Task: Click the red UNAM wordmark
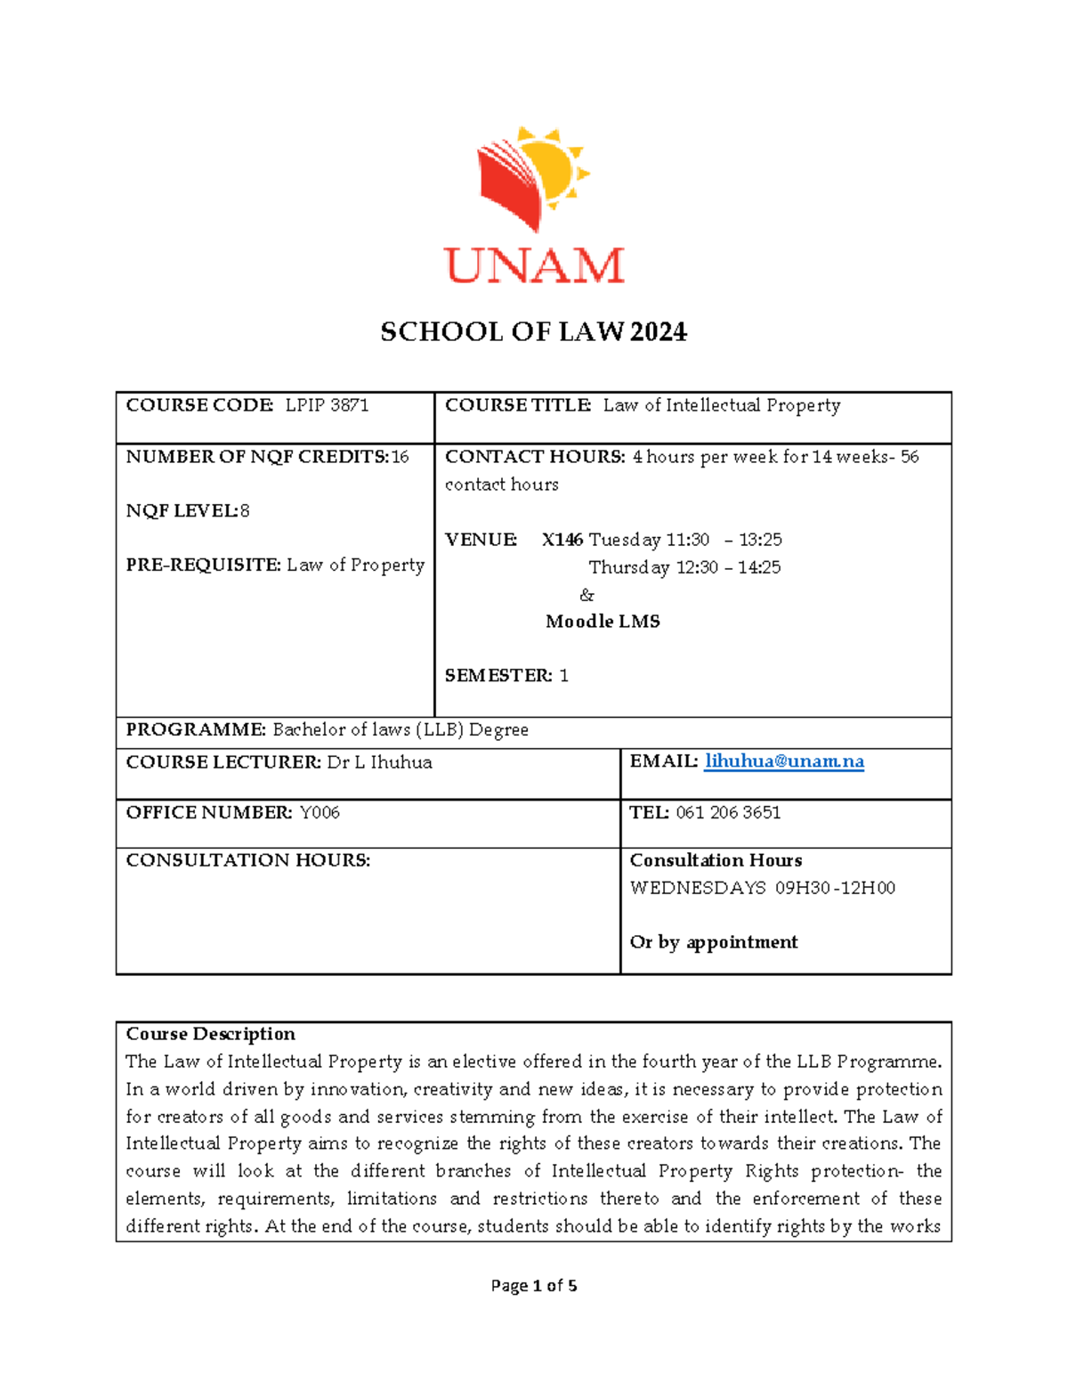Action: tap(534, 265)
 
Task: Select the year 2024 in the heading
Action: tap(659, 332)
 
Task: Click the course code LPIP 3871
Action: tap(327, 405)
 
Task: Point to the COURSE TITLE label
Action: tap(518, 405)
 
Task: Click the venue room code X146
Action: tap(562, 540)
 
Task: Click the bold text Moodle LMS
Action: tap(603, 622)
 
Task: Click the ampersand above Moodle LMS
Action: tap(587, 595)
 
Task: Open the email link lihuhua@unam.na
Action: tap(784, 761)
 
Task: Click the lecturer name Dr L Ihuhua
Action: tap(379, 762)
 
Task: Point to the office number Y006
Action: tap(320, 812)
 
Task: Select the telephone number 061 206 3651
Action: tap(728, 812)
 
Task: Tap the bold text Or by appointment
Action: tap(714, 942)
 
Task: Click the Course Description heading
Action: tap(210, 1034)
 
